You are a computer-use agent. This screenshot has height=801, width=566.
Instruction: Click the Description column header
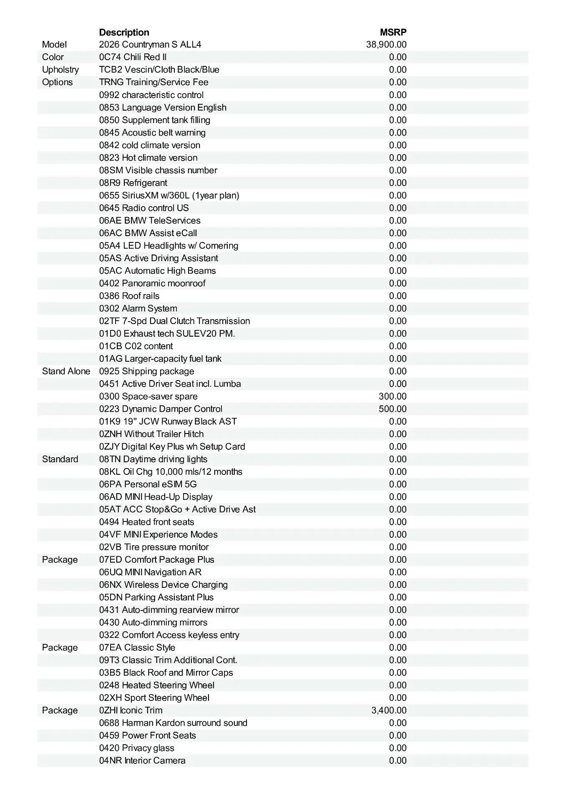tap(124, 33)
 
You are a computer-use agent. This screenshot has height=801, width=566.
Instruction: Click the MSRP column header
tap(393, 33)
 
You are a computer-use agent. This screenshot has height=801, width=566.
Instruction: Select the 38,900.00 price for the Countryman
tap(386, 45)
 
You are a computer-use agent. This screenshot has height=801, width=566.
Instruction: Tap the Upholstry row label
tap(60, 70)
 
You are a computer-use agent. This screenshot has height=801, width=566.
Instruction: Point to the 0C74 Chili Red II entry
tap(133, 57)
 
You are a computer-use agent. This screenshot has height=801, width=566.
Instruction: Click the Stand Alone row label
tap(66, 371)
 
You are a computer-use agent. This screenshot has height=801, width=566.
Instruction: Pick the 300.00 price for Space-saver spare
tap(392, 396)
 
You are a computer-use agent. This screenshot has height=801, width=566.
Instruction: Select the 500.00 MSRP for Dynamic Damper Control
tap(392, 409)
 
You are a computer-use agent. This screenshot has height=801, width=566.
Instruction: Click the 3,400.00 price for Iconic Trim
tap(389, 710)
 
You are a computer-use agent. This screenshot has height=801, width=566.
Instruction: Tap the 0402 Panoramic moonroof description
tap(152, 283)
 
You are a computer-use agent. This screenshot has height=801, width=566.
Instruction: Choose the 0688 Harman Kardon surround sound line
tap(173, 723)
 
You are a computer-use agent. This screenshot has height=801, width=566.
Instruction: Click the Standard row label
tap(60, 459)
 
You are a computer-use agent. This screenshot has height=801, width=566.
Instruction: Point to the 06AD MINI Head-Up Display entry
tap(156, 497)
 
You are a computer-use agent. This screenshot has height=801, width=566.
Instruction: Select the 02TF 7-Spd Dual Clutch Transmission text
tap(174, 321)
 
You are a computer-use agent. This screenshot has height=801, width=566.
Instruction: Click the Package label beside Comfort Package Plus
tap(60, 560)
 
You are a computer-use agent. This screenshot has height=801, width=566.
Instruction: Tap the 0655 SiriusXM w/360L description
tap(169, 196)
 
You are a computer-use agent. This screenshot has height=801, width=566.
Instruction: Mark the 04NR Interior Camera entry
tap(142, 761)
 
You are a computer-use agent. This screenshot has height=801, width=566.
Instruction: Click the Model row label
tap(54, 45)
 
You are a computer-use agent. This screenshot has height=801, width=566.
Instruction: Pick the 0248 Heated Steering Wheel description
tap(156, 685)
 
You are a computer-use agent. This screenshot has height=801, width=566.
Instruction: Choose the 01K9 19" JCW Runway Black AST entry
tap(168, 421)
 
